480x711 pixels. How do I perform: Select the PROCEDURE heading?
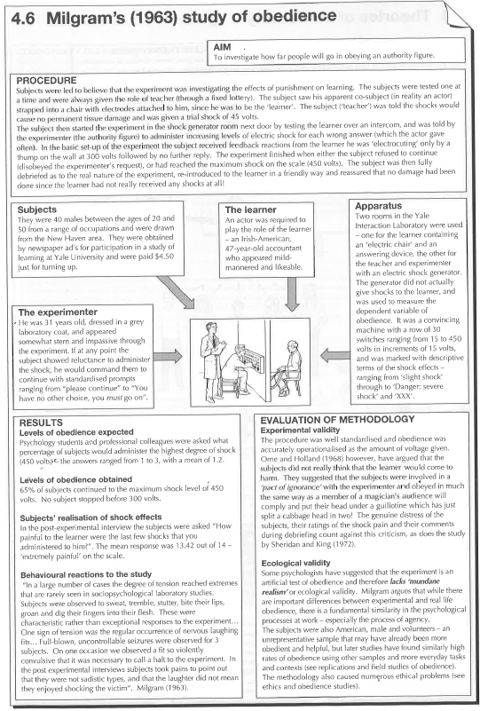click(x=51, y=80)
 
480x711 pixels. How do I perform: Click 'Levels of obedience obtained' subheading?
click(x=79, y=479)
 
